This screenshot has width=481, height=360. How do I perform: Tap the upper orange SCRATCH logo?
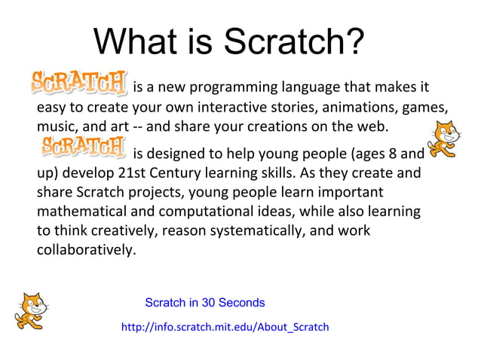[x=78, y=83]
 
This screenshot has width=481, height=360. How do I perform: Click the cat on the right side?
[x=444, y=138]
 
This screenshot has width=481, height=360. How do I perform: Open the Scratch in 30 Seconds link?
[x=204, y=303]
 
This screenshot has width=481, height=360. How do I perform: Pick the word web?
[x=372, y=125]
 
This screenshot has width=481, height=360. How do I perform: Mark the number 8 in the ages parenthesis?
[x=391, y=155]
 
